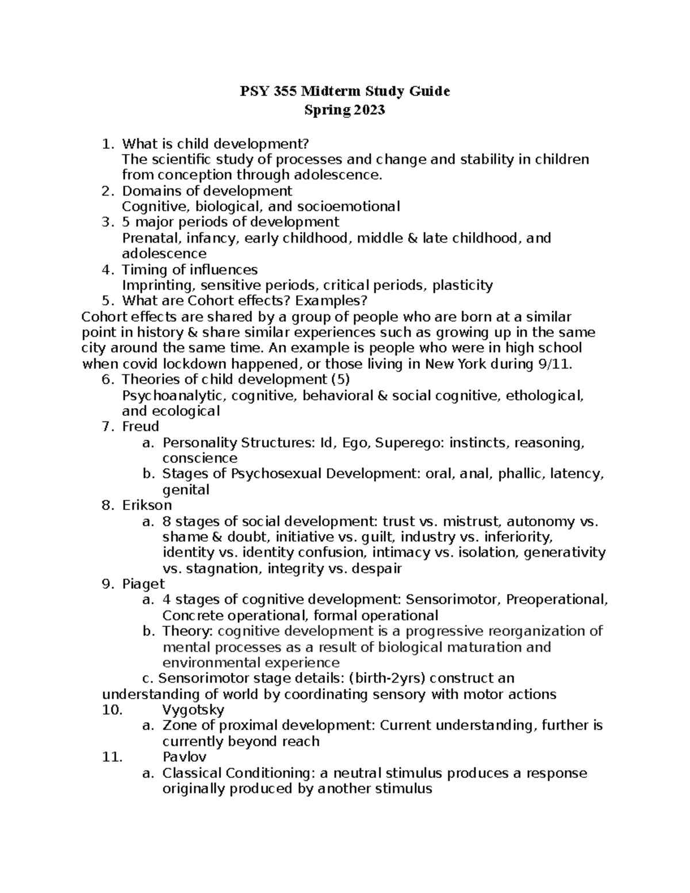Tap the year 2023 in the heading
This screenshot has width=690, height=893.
pyautogui.click(x=366, y=110)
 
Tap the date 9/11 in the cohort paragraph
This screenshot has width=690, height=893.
pyautogui.click(x=557, y=364)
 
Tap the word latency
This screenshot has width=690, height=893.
pyautogui.click(x=577, y=474)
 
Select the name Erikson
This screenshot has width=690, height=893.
pyautogui.click(x=147, y=505)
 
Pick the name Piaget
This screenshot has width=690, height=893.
pyautogui.click(x=143, y=584)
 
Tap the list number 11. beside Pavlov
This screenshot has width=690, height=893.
pyautogui.click(x=112, y=757)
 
